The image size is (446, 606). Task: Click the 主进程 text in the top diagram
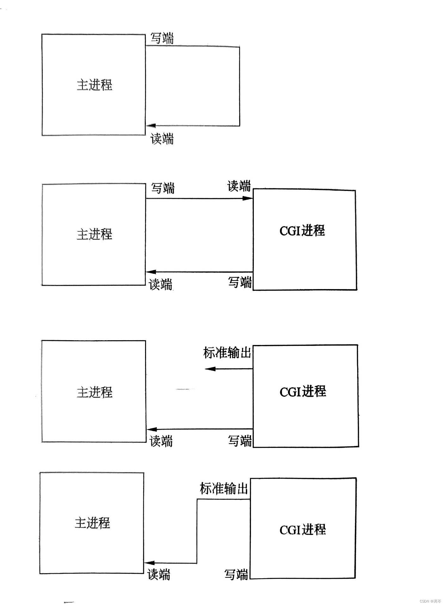tap(95, 85)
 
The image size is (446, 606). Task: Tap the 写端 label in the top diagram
tap(162, 38)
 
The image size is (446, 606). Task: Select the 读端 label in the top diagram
tap(162, 139)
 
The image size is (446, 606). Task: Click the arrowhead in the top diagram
tap(151, 126)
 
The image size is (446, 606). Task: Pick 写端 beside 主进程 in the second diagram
tap(163, 188)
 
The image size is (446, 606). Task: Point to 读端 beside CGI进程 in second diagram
tap(239, 186)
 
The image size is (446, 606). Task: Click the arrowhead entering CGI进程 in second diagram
tap(248, 199)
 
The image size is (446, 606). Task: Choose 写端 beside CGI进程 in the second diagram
tap(240, 282)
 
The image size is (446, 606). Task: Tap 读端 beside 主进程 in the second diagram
tap(161, 284)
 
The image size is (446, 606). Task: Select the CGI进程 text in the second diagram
tap(302, 231)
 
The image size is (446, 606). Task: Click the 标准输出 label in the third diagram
tap(227, 353)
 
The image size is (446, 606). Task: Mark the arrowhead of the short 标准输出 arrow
tap(210, 369)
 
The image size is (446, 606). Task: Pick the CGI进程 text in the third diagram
tap(303, 392)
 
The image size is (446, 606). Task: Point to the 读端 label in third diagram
tap(161, 441)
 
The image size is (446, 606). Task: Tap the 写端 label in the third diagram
tap(240, 441)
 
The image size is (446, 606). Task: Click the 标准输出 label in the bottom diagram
tap(224, 488)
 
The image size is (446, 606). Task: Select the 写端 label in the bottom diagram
tap(236, 574)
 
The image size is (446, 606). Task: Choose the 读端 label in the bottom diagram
tap(159, 574)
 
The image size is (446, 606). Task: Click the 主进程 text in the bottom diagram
tap(92, 523)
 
